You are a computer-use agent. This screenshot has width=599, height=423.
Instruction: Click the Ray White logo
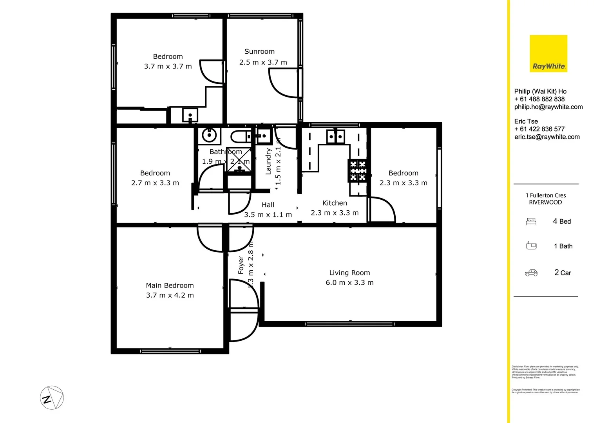pos(548,54)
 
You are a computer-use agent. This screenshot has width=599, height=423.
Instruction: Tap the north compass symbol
pos(52,398)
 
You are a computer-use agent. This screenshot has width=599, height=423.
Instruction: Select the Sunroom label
pos(259,52)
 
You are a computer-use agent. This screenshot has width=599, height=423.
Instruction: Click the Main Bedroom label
pos(170,286)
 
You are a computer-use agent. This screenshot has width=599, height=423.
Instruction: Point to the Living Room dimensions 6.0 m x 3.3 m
pos(349,283)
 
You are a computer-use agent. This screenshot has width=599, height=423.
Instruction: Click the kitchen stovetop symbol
pos(358,171)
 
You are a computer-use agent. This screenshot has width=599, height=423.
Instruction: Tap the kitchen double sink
pos(335,137)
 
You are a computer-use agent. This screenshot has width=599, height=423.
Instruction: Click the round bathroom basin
pos(209,136)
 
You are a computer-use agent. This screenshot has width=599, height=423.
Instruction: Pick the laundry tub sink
pos(263,136)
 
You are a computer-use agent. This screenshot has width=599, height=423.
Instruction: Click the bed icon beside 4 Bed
pos(531,222)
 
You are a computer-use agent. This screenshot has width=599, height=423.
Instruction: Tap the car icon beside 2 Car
pos(531,273)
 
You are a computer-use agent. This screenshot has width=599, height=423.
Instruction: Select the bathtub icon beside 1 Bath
pos(531,246)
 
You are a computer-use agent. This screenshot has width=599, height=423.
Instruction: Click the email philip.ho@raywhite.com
pos(548,107)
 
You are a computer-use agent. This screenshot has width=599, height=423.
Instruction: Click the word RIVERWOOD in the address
pos(545,202)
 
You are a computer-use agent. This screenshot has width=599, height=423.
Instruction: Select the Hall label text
pos(268,205)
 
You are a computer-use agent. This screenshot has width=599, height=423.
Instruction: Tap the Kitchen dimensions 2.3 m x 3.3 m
pos(335,213)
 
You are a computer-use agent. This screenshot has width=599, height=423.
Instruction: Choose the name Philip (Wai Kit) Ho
pos(540,91)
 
